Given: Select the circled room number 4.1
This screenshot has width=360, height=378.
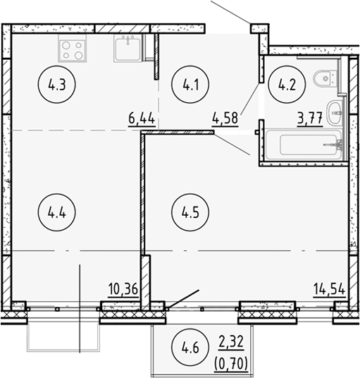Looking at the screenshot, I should [190, 86].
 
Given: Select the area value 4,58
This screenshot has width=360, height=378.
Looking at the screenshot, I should [225, 118].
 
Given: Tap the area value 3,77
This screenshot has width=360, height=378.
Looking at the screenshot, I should [310, 118].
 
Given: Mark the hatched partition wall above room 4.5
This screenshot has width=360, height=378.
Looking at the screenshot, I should [178, 132].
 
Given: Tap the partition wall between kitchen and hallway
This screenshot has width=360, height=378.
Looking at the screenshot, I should [156, 57].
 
